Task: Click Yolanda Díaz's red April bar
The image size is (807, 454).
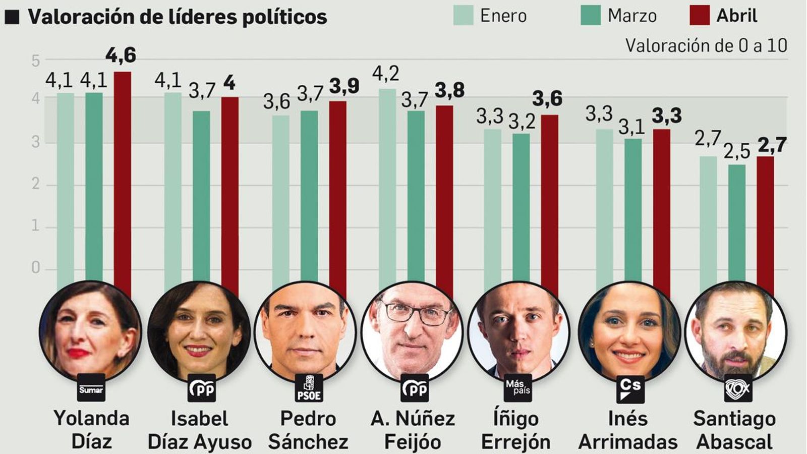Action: (x=122, y=177)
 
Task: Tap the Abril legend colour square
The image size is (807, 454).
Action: (x=700, y=15)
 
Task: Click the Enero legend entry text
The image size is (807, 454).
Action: (x=503, y=16)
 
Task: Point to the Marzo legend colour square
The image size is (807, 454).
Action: (x=591, y=15)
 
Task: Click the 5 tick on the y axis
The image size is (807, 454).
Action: (x=35, y=61)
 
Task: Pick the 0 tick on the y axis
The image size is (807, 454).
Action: (x=35, y=267)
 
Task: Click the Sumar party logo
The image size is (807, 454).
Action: (x=91, y=388)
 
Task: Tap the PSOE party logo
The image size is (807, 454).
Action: (x=309, y=388)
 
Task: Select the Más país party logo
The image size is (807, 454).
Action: (x=517, y=387)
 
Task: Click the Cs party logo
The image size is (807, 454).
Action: (x=630, y=388)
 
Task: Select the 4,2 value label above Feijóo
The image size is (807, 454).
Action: (x=386, y=74)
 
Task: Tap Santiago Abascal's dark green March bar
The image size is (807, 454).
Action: (x=737, y=222)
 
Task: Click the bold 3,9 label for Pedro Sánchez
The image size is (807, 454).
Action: (x=344, y=86)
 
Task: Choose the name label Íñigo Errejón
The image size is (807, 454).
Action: (x=515, y=430)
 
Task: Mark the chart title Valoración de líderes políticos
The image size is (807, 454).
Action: (x=178, y=17)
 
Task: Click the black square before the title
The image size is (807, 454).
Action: (x=12, y=17)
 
